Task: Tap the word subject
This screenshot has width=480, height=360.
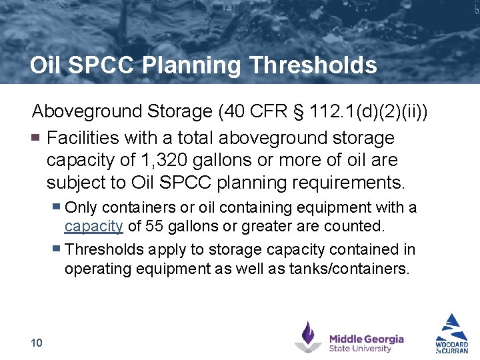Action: pyautogui.click(x=77, y=182)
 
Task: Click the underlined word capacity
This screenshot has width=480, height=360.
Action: pyautogui.click(x=93, y=226)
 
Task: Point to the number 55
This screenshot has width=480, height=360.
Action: pyautogui.click(x=153, y=226)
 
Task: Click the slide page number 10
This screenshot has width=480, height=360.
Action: pyautogui.click(x=37, y=343)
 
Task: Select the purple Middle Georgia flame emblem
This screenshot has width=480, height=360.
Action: pyautogui.click(x=308, y=337)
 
